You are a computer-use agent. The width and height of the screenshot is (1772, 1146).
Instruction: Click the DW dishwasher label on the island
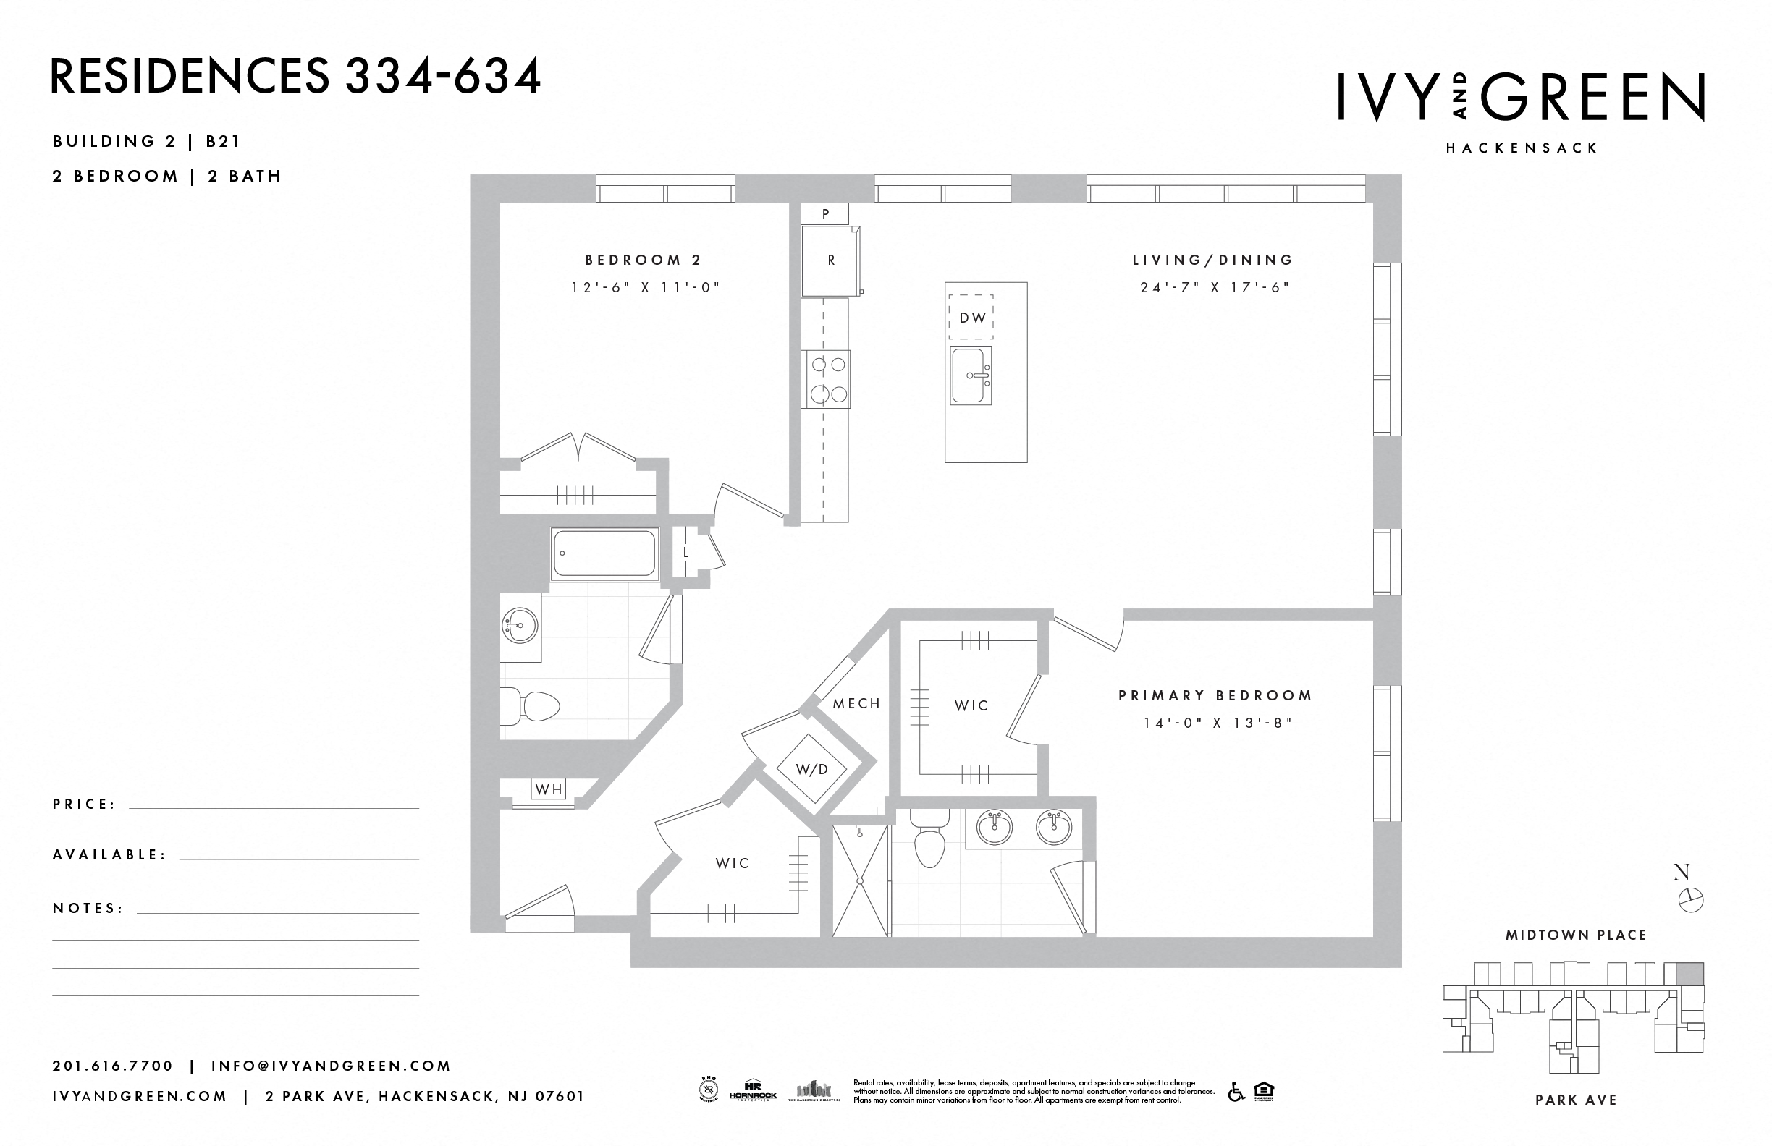click(971, 318)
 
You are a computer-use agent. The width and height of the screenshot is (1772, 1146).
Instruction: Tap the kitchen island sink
click(970, 375)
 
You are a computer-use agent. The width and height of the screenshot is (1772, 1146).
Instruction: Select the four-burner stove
click(827, 380)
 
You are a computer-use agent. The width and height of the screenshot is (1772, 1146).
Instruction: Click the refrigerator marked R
click(830, 260)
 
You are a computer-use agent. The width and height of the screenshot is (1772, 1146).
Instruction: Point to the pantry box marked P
click(825, 214)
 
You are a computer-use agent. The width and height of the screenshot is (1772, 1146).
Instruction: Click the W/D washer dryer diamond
click(811, 769)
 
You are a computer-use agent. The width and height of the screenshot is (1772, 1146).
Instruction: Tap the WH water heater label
click(549, 789)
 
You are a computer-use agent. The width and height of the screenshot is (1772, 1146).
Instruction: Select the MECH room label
click(856, 703)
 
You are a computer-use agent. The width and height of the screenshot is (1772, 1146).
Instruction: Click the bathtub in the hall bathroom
click(604, 553)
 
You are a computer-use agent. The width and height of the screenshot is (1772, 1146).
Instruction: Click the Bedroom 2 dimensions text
click(646, 287)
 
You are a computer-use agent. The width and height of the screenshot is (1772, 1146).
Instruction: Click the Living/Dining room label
click(1213, 260)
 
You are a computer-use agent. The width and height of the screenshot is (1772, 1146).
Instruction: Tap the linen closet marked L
click(685, 552)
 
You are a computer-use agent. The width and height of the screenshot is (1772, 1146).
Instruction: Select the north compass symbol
click(1691, 899)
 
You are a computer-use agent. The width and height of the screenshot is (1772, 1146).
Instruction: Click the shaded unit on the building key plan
click(1689, 974)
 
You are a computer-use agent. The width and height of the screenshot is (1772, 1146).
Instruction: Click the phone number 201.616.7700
click(112, 1066)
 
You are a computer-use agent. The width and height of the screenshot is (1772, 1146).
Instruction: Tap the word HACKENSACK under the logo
click(1522, 148)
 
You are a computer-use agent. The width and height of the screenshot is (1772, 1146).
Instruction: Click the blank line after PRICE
click(274, 805)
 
